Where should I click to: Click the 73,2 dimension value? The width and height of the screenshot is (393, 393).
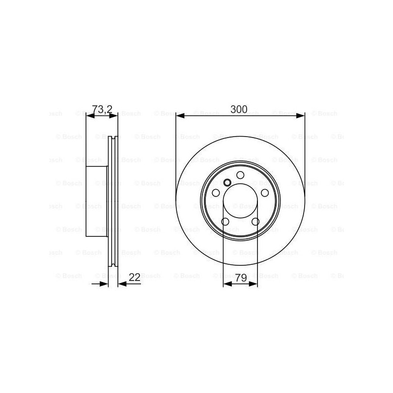(102, 110)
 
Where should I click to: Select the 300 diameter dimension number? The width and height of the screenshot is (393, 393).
(239, 109)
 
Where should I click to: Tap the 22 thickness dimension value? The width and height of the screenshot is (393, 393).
(135, 278)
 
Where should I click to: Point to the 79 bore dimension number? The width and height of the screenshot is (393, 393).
(241, 278)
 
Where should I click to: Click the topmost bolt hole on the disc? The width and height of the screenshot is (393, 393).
(240, 175)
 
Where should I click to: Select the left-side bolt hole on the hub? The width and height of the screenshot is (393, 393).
(216, 193)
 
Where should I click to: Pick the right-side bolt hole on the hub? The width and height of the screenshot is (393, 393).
(265, 193)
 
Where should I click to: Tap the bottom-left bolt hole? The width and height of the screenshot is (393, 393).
(225, 222)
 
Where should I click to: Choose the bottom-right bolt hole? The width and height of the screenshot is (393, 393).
(255, 222)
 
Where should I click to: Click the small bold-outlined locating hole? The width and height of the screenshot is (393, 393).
(227, 182)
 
